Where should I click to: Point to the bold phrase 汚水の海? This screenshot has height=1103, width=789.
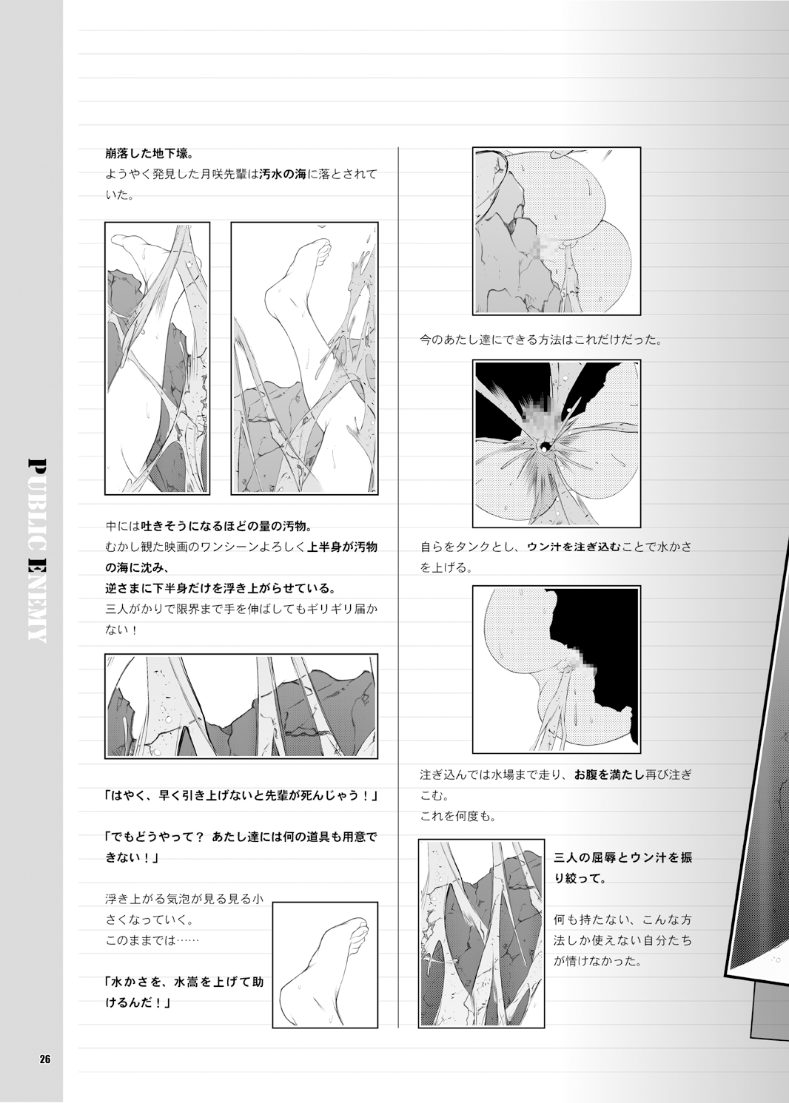[282, 175]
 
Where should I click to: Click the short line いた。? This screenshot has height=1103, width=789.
[120, 197]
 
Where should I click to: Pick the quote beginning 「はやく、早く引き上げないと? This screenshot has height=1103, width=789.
[241, 797]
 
